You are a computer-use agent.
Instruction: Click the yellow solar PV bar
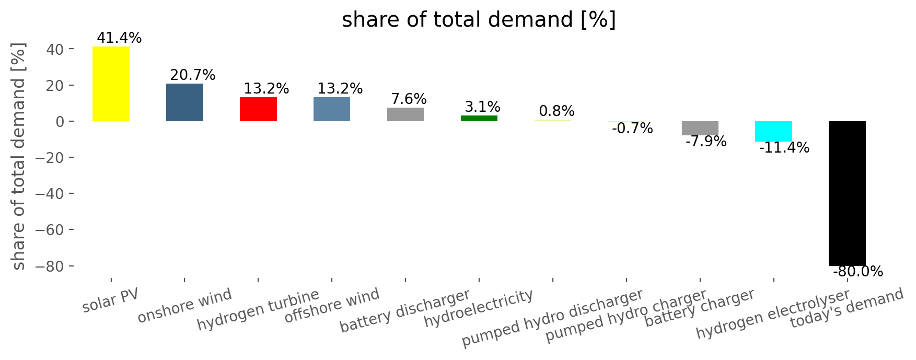(x=111, y=84)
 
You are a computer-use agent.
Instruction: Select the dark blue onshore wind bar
(x=184, y=102)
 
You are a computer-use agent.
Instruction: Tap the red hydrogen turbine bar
(x=258, y=109)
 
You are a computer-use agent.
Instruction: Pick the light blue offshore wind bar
(x=332, y=109)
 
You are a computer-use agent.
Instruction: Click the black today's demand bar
(x=847, y=193)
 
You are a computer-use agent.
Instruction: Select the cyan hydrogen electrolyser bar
(x=773, y=131)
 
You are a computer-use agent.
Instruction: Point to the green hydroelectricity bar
(x=479, y=119)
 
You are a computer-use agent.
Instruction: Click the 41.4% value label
(x=119, y=38)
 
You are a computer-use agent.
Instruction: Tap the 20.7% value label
(x=193, y=75)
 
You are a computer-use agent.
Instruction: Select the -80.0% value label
(x=857, y=272)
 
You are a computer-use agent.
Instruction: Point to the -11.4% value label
(x=784, y=148)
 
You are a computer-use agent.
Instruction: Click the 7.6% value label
(x=409, y=99)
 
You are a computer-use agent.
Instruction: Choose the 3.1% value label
(x=482, y=107)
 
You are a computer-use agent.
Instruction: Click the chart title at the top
(x=479, y=20)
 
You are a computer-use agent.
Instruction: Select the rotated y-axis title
(x=18, y=157)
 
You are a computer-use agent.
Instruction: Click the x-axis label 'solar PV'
(x=111, y=300)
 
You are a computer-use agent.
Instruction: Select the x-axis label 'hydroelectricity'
(x=479, y=309)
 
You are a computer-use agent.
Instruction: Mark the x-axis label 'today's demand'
(x=847, y=309)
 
